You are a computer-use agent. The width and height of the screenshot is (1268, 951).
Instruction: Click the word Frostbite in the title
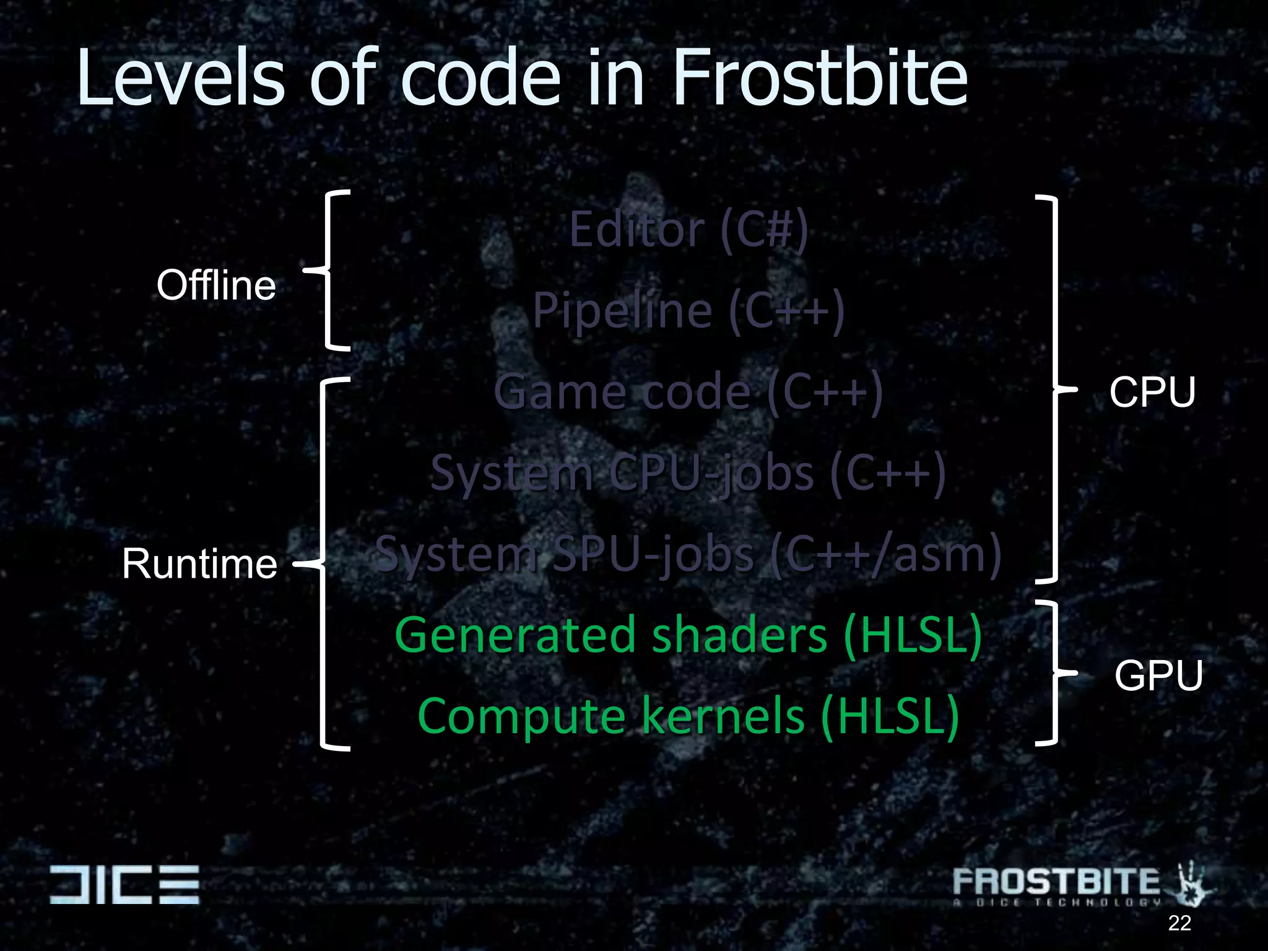tap(820, 79)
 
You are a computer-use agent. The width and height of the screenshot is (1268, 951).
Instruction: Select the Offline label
tap(216, 285)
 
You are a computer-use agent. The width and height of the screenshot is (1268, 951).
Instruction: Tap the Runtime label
tap(199, 564)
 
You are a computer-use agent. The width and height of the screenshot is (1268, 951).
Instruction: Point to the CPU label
tap(1152, 393)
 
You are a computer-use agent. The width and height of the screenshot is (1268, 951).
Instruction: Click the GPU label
tap(1158, 675)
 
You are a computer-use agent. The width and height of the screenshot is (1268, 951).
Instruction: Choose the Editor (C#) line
tap(688, 230)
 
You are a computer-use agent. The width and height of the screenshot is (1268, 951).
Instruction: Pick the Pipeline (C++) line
tap(688, 310)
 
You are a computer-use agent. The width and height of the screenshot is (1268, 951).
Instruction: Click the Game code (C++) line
tap(688, 392)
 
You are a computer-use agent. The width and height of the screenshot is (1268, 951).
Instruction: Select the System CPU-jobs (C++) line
tap(688, 473)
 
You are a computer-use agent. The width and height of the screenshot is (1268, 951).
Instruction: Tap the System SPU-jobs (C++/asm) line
tap(688, 554)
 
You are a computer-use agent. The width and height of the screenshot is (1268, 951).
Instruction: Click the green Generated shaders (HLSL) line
tap(688, 635)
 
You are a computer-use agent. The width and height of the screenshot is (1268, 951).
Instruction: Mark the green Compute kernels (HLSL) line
tap(688, 716)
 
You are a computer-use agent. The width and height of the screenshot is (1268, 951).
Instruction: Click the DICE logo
tap(124, 884)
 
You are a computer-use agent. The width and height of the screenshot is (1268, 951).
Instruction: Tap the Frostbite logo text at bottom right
tap(1056, 882)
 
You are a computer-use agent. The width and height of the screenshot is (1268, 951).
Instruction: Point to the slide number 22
tap(1179, 923)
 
